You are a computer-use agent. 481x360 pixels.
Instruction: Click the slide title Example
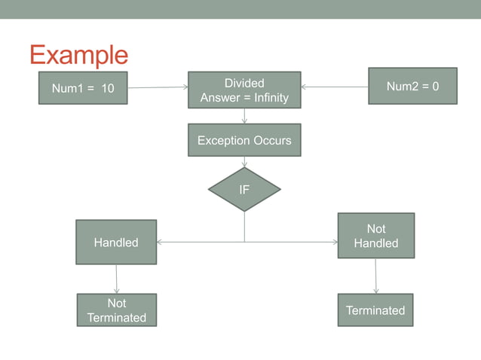click(78, 55)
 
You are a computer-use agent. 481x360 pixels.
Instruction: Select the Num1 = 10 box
click(83, 88)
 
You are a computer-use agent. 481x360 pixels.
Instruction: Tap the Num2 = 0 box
click(412, 86)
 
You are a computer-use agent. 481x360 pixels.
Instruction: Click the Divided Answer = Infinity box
click(244, 90)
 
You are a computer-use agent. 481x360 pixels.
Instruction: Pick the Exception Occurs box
click(244, 140)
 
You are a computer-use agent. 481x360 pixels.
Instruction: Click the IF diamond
click(244, 190)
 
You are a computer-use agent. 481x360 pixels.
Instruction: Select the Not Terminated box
click(117, 310)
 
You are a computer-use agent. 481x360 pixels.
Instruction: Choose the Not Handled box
click(375, 235)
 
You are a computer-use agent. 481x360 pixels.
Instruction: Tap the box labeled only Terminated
click(375, 310)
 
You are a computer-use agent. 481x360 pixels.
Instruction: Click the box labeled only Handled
click(116, 242)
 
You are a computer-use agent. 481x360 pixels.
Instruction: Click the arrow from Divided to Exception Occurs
click(244, 116)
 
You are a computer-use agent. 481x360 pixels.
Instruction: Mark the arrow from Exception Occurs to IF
click(244, 162)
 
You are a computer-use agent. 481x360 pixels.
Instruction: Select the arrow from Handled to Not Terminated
click(117, 279)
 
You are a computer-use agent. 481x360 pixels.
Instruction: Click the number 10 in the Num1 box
click(107, 89)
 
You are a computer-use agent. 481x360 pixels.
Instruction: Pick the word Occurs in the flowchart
click(272, 140)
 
